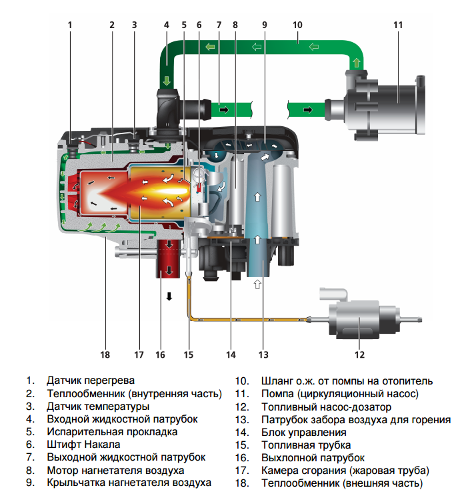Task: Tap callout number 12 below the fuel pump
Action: pos(359,354)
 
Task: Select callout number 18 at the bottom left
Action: pos(105,354)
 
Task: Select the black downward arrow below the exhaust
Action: pos(169,296)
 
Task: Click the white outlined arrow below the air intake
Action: pos(258,284)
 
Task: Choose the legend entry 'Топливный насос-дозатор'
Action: pos(326,407)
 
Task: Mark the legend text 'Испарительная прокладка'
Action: pos(112,431)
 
